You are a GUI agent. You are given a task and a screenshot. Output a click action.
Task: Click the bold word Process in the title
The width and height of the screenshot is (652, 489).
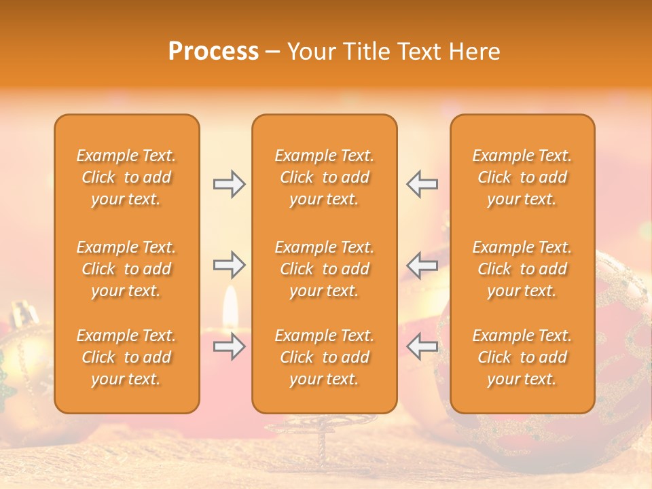[x=213, y=52]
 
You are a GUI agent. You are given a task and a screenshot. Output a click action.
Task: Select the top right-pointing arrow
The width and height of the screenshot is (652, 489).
[x=229, y=184]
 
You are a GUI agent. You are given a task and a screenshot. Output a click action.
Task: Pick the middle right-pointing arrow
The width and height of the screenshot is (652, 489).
[x=229, y=265]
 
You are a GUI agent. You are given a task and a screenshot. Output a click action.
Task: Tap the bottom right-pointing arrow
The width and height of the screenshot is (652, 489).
[x=229, y=346]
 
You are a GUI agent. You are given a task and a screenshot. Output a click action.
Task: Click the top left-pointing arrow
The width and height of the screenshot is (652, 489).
[x=422, y=184]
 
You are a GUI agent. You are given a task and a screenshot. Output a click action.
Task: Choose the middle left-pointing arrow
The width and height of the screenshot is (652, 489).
[x=422, y=265]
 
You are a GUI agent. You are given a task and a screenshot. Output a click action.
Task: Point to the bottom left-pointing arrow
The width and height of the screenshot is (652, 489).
[x=422, y=346]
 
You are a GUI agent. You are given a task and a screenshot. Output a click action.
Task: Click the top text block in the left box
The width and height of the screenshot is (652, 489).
[x=126, y=177]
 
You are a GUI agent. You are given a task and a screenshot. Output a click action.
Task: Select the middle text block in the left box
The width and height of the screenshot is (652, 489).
[x=126, y=269]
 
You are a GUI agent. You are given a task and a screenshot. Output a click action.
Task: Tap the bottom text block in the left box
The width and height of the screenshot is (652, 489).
[x=126, y=357]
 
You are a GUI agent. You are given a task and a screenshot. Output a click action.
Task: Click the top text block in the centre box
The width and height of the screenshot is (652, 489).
[x=324, y=177]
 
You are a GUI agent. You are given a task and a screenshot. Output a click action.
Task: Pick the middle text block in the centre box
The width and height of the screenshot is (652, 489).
[x=324, y=269]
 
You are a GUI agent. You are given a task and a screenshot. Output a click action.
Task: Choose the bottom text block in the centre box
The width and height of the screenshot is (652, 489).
[x=324, y=357]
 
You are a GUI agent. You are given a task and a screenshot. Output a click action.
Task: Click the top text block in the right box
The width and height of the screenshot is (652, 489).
[x=522, y=177]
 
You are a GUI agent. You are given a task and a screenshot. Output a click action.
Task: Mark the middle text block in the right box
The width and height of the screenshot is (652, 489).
[x=522, y=269]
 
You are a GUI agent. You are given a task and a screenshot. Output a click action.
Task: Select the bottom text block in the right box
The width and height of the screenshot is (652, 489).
[x=522, y=357]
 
